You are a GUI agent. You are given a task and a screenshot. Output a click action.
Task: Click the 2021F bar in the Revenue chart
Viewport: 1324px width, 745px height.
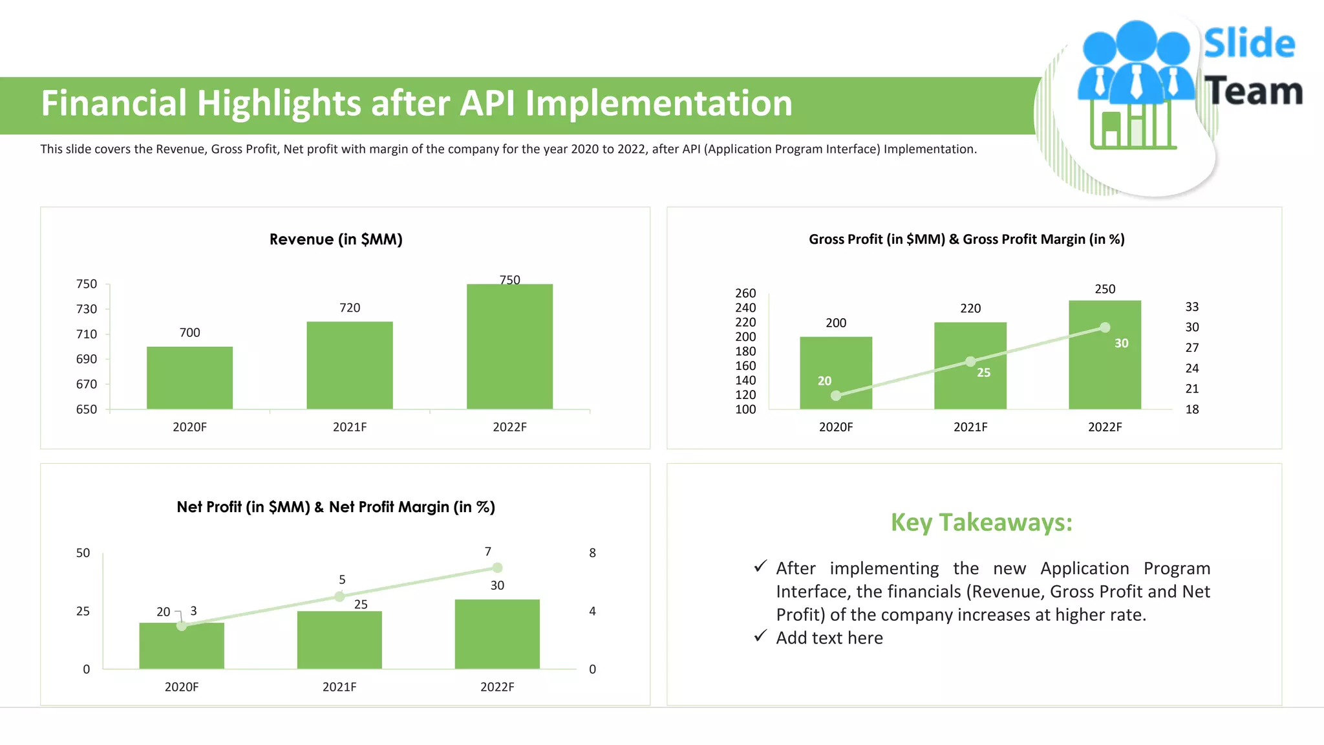(x=349, y=365)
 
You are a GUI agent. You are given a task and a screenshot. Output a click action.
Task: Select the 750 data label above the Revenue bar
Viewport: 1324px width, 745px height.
(x=509, y=280)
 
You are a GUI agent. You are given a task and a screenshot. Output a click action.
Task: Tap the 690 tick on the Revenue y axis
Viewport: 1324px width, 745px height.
(x=87, y=359)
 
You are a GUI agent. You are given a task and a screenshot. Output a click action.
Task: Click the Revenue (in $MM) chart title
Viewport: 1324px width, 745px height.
(x=336, y=239)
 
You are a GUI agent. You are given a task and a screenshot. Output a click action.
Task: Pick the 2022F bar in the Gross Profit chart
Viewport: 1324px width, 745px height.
(x=1104, y=362)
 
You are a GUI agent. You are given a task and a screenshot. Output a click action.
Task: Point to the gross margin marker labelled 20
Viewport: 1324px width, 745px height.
(x=836, y=395)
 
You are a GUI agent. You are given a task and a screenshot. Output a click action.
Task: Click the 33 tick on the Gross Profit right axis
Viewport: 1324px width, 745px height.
(x=1191, y=307)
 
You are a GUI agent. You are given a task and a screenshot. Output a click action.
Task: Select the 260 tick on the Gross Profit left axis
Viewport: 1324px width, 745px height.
(x=745, y=293)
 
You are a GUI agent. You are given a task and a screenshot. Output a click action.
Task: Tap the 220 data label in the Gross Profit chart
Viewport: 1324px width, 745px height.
(x=970, y=308)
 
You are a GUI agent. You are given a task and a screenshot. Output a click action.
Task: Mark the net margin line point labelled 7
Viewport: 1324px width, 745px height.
(x=496, y=568)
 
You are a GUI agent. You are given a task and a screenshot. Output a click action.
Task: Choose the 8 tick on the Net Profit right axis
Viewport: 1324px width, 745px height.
(x=592, y=553)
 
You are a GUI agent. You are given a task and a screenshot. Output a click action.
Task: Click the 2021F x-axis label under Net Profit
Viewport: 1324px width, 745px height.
(x=339, y=687)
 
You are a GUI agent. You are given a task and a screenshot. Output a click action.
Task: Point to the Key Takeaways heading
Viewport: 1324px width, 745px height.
(x=981, y=523)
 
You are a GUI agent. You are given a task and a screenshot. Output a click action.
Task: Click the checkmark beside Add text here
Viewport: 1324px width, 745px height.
(x=760, y=636)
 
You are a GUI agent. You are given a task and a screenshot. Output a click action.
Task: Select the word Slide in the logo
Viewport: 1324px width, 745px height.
(x=1249, y=44)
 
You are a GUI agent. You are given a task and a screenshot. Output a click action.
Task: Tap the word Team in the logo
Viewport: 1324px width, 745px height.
(x=1253, y=91)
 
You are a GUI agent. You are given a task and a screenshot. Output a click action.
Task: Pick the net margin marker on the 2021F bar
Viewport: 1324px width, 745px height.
(x=339, y=596)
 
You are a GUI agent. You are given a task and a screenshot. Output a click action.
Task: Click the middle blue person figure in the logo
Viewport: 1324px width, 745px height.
(x=1136, y=61)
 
